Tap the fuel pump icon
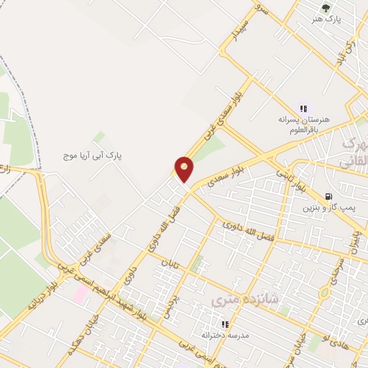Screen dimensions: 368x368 tap(328, 196)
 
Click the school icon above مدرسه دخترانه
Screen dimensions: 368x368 tap(225, 324)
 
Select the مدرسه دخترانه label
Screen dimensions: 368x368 tap(225, 336)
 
